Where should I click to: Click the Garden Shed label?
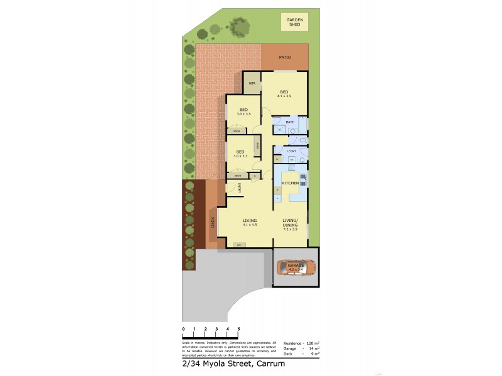pyautogui.click(x=295, y=23)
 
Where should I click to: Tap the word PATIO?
pyautogui.click(x=285, y=57)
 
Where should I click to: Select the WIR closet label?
pyautogui.click(x=252, y=83)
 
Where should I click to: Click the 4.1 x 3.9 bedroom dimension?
pyautogui.click(x=284, y=96)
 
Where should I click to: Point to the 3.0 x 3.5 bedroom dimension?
pyautogui.click(x=243, y=114)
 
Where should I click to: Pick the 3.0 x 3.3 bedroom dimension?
pyautogui.click(x=241, y=156)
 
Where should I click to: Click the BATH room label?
pyautogui.click(x=290, y=122)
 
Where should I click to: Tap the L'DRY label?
pyautogui.click(x=292, y=151)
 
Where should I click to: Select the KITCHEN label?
pyautogui.click(x=290, y=182)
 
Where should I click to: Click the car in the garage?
pyautogui.click(x=296, y=268)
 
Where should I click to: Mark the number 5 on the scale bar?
pyautogui.click(x=238, y=329)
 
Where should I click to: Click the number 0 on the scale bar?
pyautogui.click(x=183, y=329)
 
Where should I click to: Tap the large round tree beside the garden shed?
pyautogui.click(x=238, y=26)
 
